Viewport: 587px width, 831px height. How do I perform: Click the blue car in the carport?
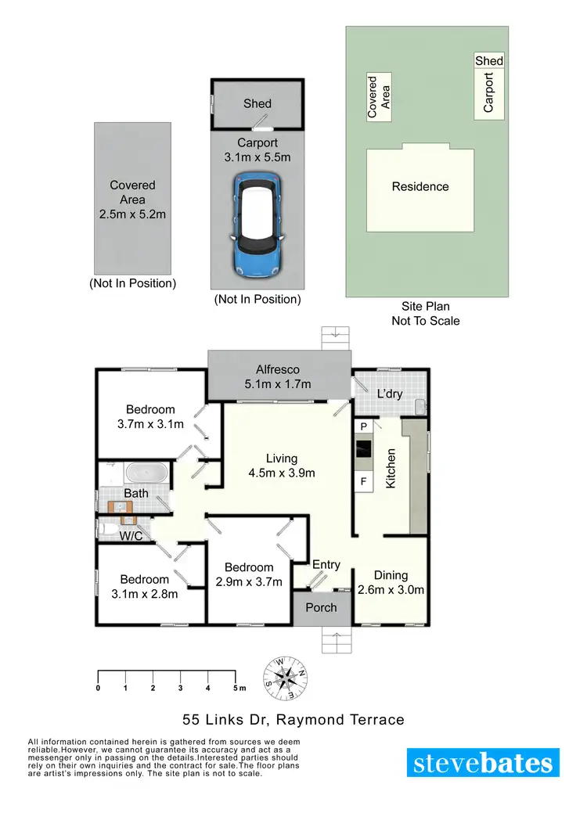pyautogui.click(x=257, y=225)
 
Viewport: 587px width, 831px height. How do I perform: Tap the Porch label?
pyautogui.click(x=321, y=607)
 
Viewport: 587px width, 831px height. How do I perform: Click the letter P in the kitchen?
pyautogui.click(x=363, y=427)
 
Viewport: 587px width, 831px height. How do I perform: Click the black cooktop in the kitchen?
pyautogui.click(x=363, y=449)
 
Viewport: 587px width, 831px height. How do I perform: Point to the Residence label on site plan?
pyautogui.click(x=420, y=187)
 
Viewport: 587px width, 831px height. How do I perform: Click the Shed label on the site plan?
pyautogui.click(x=489, y=61)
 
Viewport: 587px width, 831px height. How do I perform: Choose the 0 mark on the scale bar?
pyautogui.click(x=98, y=688)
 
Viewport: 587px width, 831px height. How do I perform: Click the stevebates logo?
pyautogui.click(x=483, y=762)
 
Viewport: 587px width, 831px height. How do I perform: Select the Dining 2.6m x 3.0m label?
pyautogui.click(x=391, y=583)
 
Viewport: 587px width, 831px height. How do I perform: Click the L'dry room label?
pyautogui.click(x=389, y=394)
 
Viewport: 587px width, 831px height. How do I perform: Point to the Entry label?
pyautogui.click(x=326, y=565)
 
